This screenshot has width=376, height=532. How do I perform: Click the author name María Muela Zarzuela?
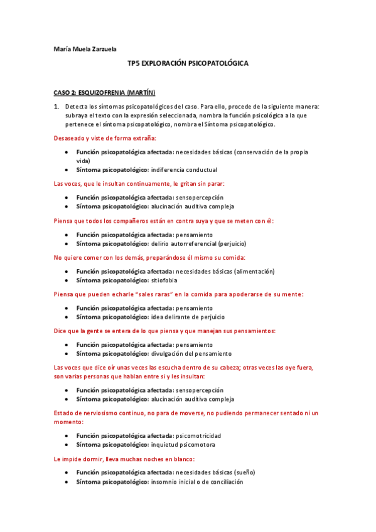85,49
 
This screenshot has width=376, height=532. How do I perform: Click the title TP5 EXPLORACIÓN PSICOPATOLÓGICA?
188,64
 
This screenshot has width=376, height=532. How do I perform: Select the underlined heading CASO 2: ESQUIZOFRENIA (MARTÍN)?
104,92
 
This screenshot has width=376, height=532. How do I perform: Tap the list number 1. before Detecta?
56,107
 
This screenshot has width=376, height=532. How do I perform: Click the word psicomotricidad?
198,435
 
